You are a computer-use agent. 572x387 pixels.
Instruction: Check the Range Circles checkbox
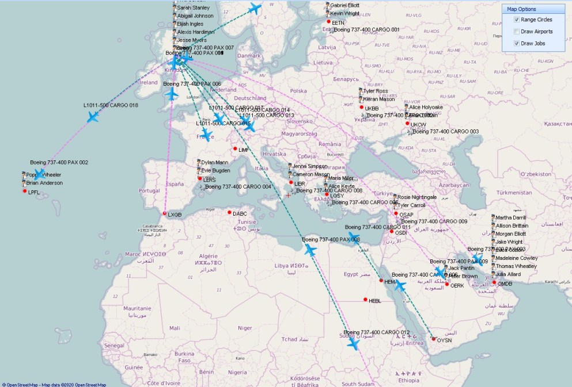517,20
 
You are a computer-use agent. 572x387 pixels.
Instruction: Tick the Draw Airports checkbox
517,32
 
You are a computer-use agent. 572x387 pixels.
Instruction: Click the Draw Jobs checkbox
517,44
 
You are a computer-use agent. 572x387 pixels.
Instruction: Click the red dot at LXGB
165,214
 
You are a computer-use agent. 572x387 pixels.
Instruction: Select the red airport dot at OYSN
434,339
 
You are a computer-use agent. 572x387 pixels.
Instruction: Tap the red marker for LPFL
24,192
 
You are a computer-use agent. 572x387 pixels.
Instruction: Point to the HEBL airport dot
365,300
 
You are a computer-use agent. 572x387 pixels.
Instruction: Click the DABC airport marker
229,213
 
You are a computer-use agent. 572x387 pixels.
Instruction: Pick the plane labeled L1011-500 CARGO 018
93,117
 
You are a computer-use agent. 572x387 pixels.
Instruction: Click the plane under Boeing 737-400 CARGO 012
353,344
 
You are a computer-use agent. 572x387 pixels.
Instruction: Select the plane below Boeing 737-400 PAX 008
310,250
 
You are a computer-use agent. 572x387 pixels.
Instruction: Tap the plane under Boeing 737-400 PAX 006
172,94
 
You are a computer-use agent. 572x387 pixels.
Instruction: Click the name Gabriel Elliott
344,5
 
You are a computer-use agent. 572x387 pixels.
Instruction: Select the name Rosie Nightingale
416,197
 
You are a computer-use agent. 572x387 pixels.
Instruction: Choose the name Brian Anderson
44,183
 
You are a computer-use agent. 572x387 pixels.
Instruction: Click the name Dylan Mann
214,163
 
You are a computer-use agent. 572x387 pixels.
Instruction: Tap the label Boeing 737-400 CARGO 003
445,132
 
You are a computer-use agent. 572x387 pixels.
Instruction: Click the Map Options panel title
521,9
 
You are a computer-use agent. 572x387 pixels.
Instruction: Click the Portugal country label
149,190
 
